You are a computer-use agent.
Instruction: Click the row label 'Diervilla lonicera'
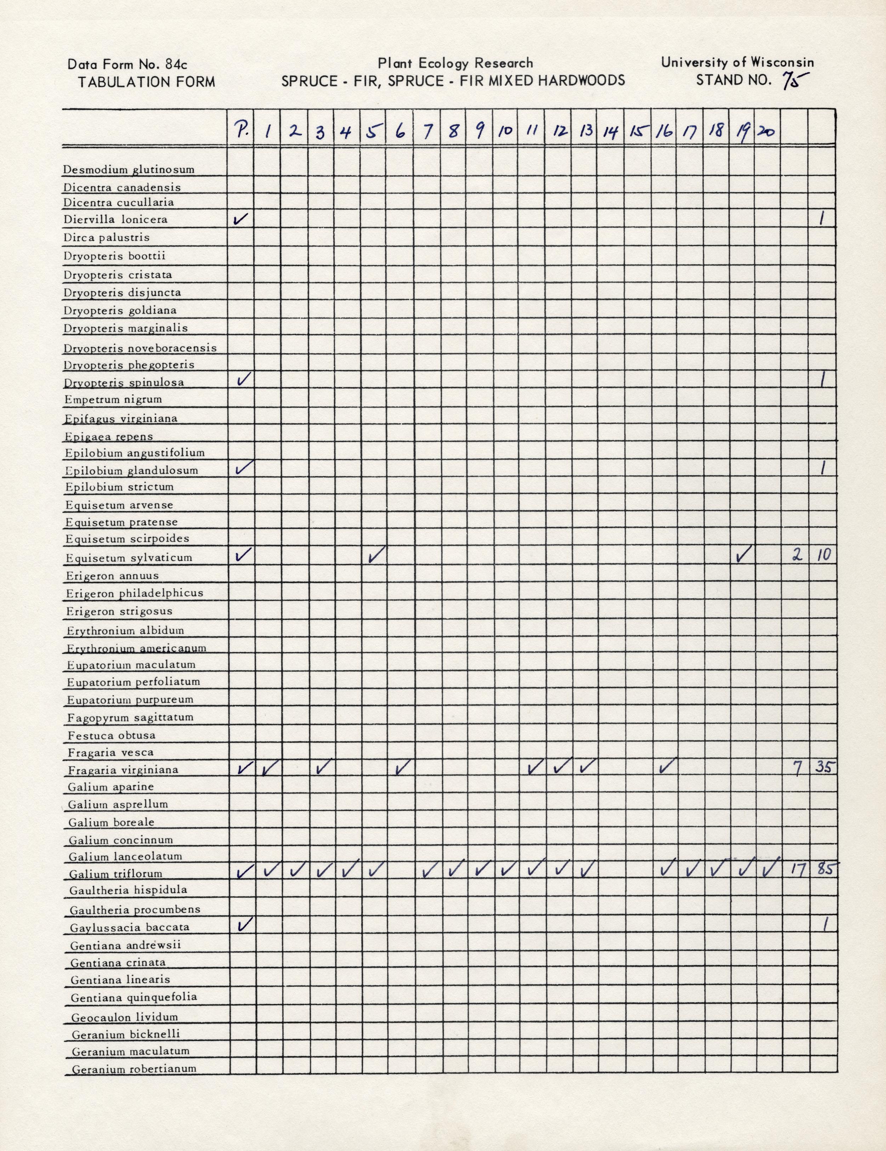click(x=115, y=219)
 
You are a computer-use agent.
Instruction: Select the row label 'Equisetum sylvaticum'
click(x=129, y=557)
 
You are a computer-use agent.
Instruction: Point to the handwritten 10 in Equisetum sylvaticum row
click(x=823, y=555)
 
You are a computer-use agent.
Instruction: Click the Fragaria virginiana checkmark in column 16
click(x=666, y=766)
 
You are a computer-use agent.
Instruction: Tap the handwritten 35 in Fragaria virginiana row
click(x=823, y=767)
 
